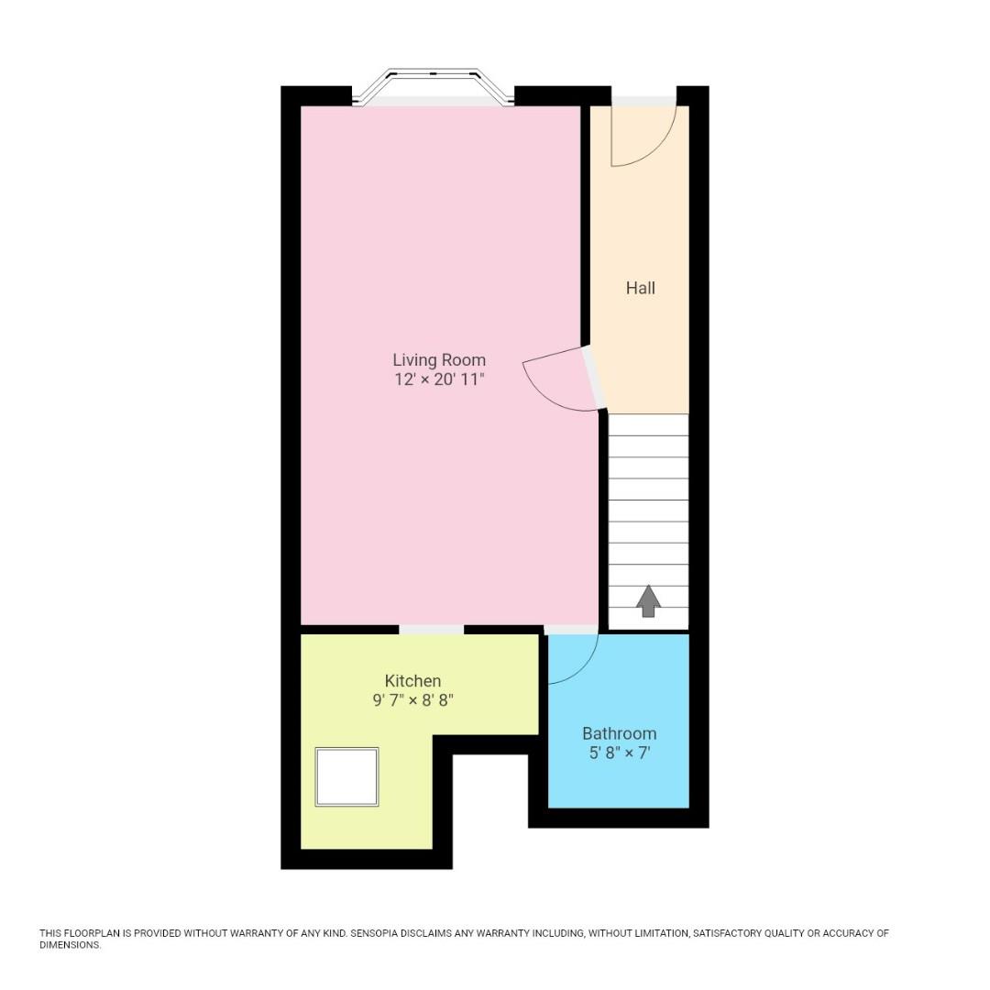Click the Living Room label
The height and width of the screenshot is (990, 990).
439,360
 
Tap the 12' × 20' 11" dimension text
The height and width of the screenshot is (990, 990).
439,379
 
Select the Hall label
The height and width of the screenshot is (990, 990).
640,288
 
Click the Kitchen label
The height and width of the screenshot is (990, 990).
412,681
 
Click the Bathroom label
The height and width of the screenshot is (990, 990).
619,733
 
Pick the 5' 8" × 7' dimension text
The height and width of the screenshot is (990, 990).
619,753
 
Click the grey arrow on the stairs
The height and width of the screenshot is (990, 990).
648,601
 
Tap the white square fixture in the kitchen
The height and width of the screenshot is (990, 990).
346,776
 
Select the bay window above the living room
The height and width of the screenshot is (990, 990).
433,87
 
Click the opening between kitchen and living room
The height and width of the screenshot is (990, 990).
431,629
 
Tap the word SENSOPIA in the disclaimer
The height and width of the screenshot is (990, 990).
379,933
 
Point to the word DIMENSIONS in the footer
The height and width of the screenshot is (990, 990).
70,945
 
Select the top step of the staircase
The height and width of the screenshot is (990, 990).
648,424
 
